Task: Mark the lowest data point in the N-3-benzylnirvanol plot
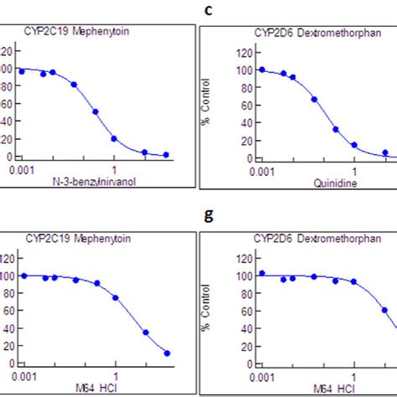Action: click(x=166, y=155)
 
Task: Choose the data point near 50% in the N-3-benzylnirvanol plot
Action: click(x=95, y=111)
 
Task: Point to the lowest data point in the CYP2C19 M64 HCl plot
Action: click(x=166, y=353)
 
